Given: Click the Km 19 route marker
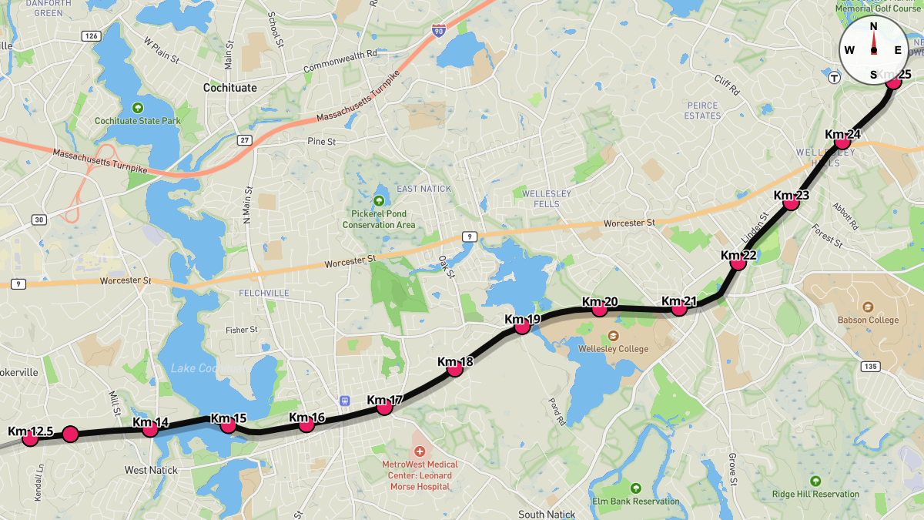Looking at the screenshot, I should coord(522,326).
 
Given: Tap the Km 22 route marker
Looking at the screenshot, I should coord(738,262).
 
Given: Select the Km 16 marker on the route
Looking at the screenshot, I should coord(306,424).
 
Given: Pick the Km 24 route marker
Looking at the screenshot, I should coord(842,141).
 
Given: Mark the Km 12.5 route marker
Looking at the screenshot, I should coord(31,438).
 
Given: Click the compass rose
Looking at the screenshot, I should coord(873,50).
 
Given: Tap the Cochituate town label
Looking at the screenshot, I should coord(229,88).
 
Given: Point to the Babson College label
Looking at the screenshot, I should coord(868,320).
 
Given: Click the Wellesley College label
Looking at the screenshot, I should coord(613,348).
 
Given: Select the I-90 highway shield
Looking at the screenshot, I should coord(438,32).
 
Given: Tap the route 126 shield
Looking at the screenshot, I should coord(92,36).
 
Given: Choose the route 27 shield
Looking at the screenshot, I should coord(244,139).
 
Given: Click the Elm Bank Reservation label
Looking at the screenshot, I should coord(635,501).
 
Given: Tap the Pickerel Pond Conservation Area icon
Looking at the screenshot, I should coord(378,200).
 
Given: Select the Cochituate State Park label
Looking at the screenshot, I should coord(137,121).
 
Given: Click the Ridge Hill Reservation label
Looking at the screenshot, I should coord(815,494).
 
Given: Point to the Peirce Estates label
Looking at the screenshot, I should coord(702,110).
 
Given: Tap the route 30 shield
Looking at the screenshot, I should coord(38,220).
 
